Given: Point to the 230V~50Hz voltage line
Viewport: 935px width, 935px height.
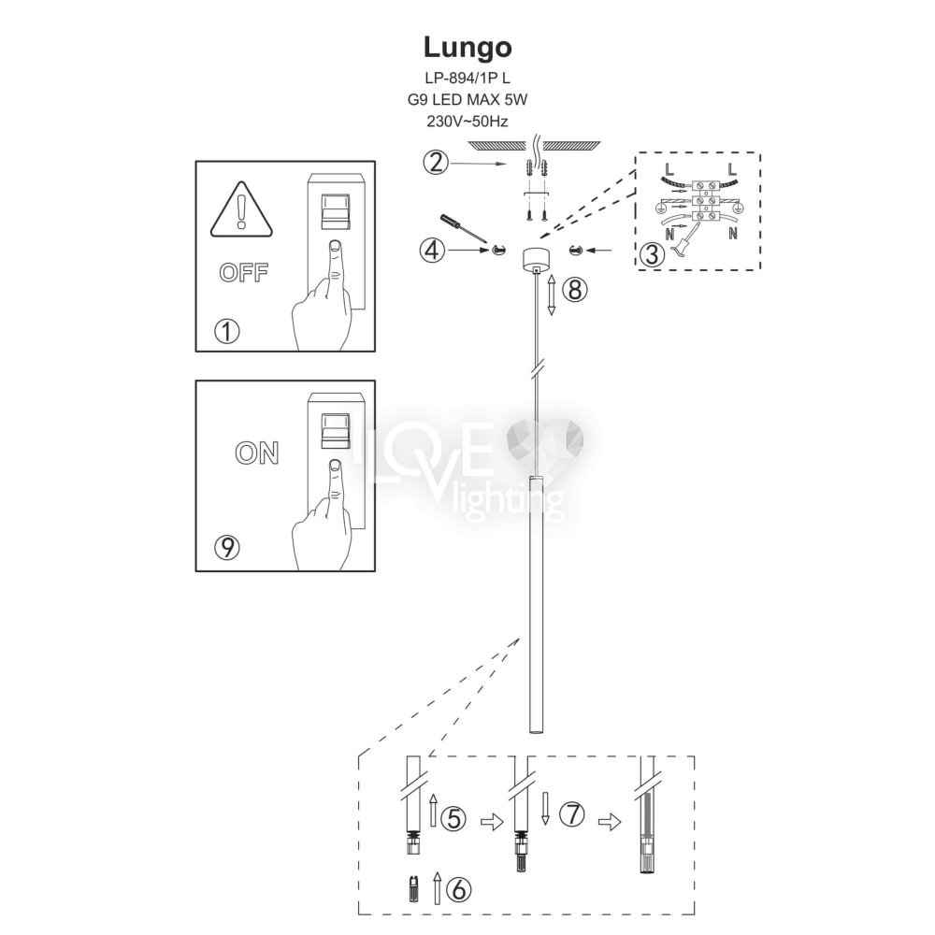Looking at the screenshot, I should pos(467,120).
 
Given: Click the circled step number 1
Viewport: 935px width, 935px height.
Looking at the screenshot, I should pos(226,330).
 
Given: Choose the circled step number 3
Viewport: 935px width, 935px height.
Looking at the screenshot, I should pos(654,252).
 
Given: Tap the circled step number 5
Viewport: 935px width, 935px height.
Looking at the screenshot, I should pos(453,820).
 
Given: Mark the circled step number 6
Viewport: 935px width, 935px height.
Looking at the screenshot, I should pos(458,885).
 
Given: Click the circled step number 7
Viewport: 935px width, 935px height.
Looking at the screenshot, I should pos(572,815).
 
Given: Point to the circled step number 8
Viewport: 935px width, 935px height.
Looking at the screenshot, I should pos(574,290).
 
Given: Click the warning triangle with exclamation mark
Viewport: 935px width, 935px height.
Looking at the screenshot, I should pos(242,210).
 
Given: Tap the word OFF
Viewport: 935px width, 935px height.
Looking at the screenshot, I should pos(242,273).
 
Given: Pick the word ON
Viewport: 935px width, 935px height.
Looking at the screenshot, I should pos(256,453).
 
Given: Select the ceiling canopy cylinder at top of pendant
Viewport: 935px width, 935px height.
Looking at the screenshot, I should pos(535,257).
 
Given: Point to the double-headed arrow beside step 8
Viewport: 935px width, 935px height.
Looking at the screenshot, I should pos(552,294).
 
